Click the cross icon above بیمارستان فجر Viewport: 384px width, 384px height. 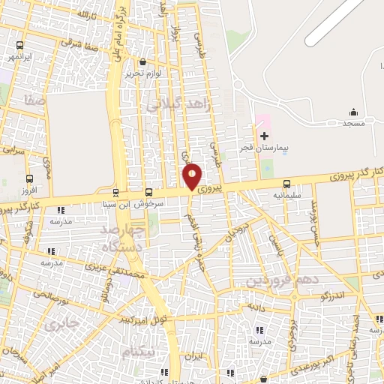pyautogui.click(x=264, y=136)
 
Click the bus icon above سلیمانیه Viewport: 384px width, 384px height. pyautogui.click(x=287, y=184)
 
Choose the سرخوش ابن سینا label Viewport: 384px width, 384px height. pyautogui.click(x=125, y=205)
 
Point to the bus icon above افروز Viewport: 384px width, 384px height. pyautogui.click(x=29, y=178)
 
